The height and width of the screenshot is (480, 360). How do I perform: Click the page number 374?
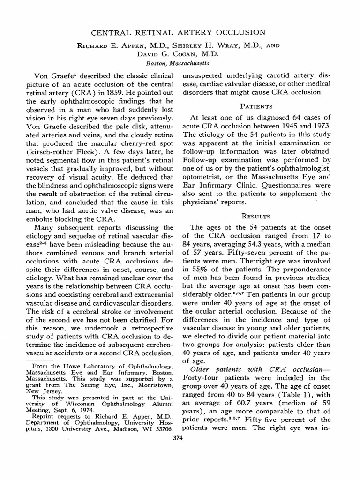[x=178, y=439]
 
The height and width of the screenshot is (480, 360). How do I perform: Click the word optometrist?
[x=202, y=177]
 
